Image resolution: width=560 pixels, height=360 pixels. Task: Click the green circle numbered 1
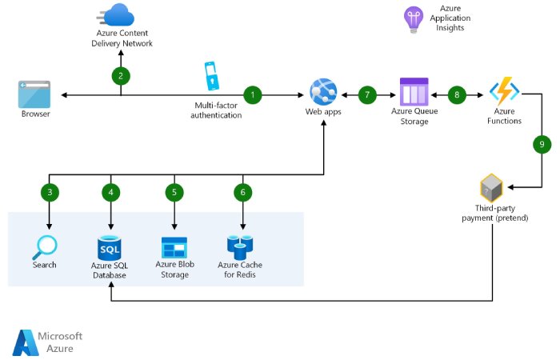coord(253,95)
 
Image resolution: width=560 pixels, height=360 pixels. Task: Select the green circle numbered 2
coord(121,76)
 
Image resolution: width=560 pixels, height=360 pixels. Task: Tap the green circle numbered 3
coord(50,192)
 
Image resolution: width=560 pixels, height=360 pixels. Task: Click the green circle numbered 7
coord(367,95)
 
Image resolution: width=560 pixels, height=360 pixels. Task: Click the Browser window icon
coord(35,94)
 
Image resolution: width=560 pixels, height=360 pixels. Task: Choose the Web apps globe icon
coord(323,90)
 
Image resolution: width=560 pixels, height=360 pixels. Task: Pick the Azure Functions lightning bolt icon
coord(505,92)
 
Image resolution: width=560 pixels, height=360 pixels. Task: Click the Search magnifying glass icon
coord(45,246)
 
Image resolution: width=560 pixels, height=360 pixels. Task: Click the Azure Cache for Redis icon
coord(240,246)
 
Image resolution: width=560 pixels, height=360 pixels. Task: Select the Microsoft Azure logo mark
coord(25,342)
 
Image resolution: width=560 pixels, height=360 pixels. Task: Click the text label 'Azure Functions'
coord(505,116)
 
